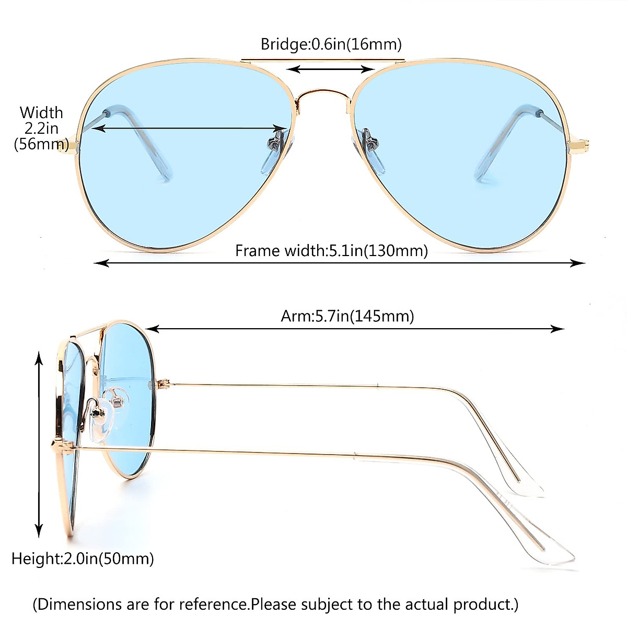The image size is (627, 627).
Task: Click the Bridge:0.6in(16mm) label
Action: (x=331, y=44)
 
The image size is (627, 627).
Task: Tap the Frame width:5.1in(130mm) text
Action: (x=331, y=251)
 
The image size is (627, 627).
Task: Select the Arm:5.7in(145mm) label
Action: (x=347, y=316)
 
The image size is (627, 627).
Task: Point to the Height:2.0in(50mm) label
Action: (x=83, y=559)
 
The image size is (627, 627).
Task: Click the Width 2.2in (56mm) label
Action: (x=41, y=128)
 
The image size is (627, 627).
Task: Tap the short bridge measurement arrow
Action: (x=331, y=68)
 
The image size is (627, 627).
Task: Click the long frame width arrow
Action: (x=340, y=263)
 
